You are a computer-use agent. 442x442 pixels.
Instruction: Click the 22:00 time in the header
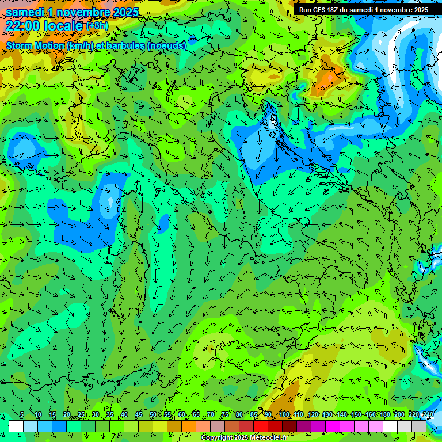tap(23, 26)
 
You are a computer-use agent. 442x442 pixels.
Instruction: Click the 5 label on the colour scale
tap(22, 414)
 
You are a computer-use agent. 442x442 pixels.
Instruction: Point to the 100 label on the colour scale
tap(284, 414)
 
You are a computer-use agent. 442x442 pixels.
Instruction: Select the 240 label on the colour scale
tap(428, 414)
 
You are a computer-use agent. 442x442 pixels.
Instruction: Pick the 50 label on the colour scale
tap(153, 414)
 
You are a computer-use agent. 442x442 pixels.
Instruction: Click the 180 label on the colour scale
tap(384, 414)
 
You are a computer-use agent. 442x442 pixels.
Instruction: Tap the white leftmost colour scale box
tap(16, 426)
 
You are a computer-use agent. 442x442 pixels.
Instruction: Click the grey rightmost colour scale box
tap(419, 426)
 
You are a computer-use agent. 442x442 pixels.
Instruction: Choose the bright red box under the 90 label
tap(261, 426)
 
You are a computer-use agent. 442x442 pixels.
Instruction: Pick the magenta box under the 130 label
tap(333, 426)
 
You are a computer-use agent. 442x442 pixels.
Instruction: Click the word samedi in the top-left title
tap(24, 12)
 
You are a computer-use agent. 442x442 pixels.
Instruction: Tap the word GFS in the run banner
tap(319, 10)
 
